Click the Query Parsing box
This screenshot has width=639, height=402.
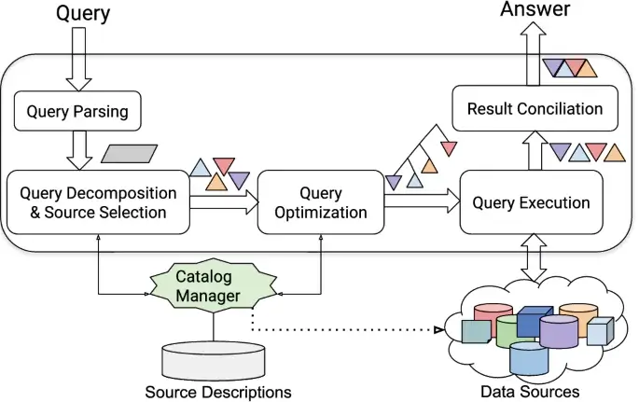[77, 114]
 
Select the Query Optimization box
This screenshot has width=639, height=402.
[320, 203]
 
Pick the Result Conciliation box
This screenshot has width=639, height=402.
[534, 109]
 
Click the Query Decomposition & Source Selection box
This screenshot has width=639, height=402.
[98, 203]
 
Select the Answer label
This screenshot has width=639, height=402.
[535, 10]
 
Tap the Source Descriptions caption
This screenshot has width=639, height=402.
[217, 391]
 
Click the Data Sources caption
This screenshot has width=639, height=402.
[530, 391]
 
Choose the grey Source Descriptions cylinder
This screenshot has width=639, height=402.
[214, 359]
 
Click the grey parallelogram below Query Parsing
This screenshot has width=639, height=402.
[129, 153]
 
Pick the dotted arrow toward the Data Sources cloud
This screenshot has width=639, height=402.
[345, 330]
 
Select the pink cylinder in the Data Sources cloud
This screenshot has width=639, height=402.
[493, 314]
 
